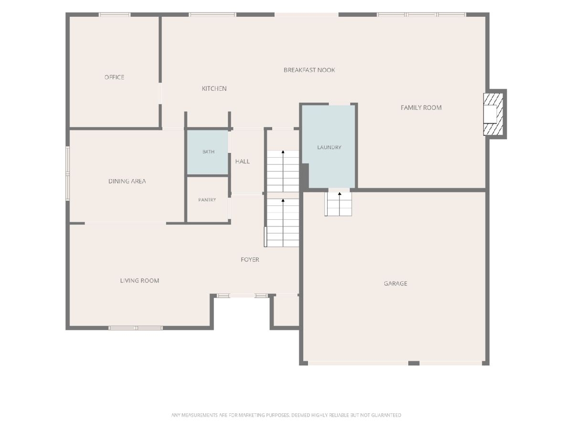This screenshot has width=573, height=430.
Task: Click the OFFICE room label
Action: [x=114, y=77]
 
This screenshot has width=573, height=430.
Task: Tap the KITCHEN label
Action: [x=214, y=88]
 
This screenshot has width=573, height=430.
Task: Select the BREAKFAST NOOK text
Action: [x=309, y=70]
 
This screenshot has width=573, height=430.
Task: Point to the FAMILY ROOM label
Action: [x=421, y=107]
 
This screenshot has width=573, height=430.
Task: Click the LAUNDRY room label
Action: [x=329, y=147]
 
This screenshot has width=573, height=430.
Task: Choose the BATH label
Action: [x=208, y=151]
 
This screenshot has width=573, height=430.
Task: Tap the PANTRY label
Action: [x=207, y=200]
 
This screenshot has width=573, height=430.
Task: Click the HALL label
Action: [x=243, y=161]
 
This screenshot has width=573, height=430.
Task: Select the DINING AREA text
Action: [x=127, y=181]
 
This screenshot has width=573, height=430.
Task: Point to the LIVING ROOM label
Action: [x=139, y=280]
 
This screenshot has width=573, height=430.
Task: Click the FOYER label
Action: [x=250, y=259]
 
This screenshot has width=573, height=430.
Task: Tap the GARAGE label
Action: [x=395, y=283]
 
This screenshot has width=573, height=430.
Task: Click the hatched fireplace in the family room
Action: [x=493, y=114]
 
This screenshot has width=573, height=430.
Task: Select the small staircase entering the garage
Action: [x=339, y=204]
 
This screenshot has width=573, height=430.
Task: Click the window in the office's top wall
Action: [x=115, y=15]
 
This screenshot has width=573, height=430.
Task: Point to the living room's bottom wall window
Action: [x=136, y=328]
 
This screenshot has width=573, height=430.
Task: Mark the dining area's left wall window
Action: [x=68, y=173]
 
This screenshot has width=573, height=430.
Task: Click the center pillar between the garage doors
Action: [x=414, y=363]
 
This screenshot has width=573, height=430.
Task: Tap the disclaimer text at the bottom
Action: [x=286, y=415]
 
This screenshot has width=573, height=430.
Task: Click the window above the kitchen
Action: [x=212, y=15]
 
